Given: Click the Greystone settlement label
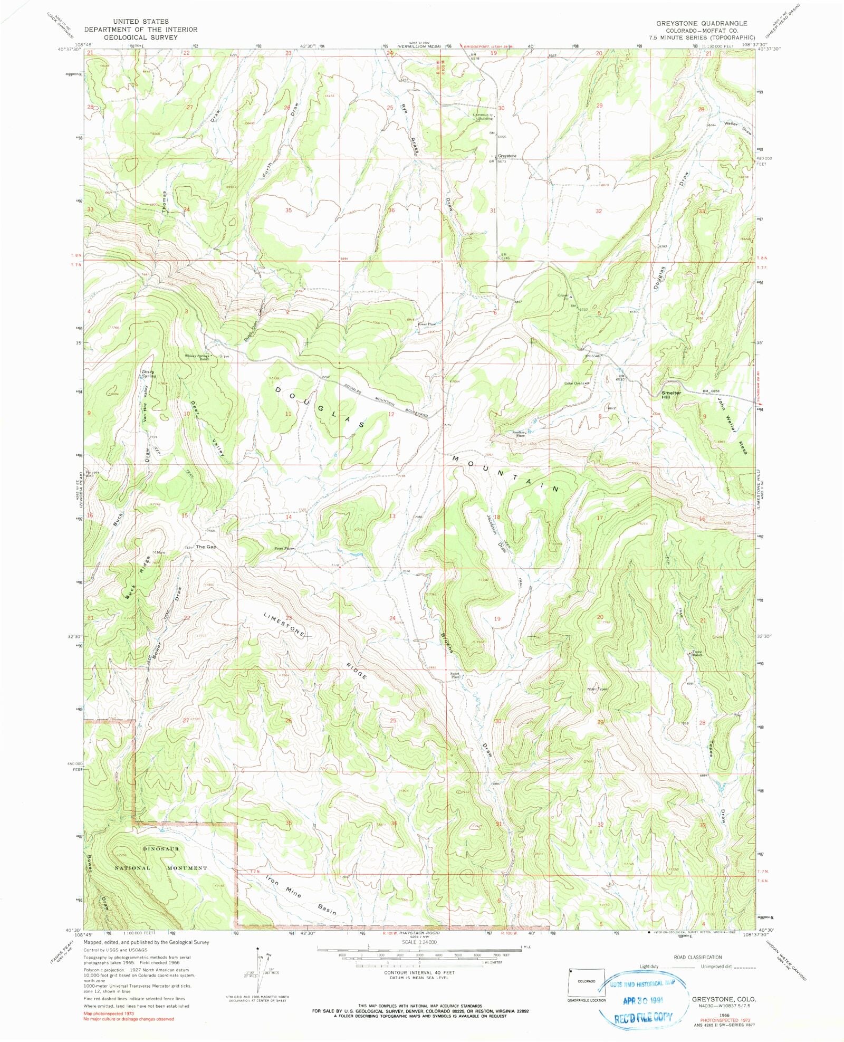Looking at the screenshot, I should [x=507, y=156].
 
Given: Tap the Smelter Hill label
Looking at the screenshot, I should [x=672, y=395].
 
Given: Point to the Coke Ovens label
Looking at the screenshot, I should [x=574, y=384].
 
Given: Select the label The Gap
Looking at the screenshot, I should [x=206, y=547].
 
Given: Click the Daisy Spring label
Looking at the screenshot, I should [x=148, y=374].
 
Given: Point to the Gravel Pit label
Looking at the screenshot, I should [x=563, y=297].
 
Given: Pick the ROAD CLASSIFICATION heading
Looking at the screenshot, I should [x=697, y=957].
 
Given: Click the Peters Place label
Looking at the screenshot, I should [x=283, y=549].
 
